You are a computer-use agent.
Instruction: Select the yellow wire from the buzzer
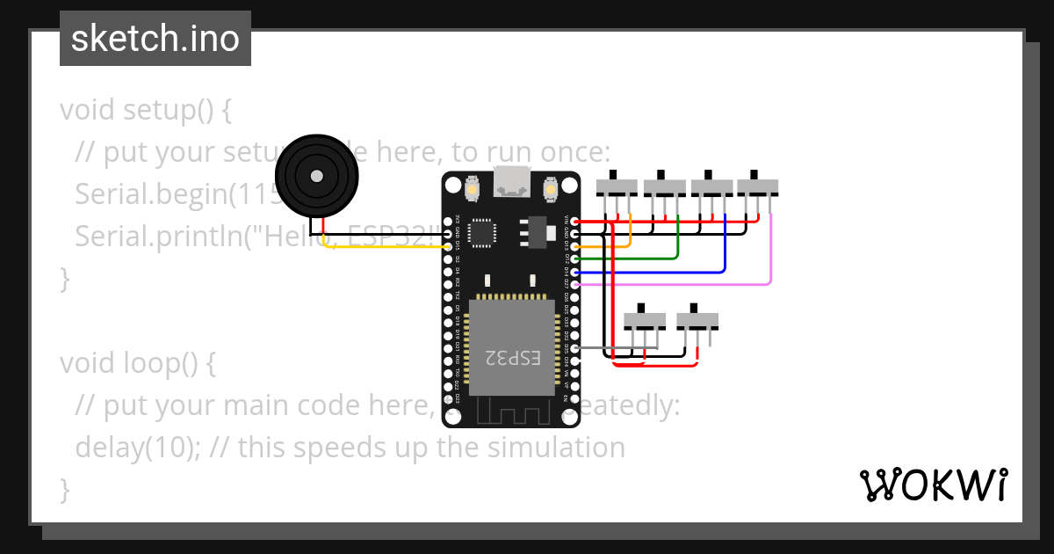pyautogui.click(x=386, y=246)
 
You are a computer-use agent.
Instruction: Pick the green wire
pyautogui.click(x=650, y=259)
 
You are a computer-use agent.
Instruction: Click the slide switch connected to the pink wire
pyautogui.click(x=757, y=186)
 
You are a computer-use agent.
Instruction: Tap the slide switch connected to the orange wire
pyautogui.click(x=617, y=186)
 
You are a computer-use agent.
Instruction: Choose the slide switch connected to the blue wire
pyautogui.click(x=711, y=186)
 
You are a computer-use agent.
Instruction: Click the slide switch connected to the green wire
pyautogui.click(x=664, y=186)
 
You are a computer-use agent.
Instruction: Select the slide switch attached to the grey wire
pyautogui.click(x=645, y=320)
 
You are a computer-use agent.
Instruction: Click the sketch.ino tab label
pyautogui.click(x=155, y=39)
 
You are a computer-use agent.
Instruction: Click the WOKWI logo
pyautogui.click(x=933, y=485)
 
